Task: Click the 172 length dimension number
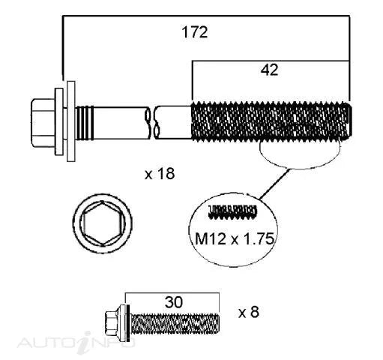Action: tap(195, 32)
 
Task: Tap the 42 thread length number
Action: tap(269, 70)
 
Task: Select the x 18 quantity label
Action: tap(160, 173)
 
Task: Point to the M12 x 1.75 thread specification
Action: tap(235, 238)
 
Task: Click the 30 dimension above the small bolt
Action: tap(174, 302)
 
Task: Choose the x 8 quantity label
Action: tap(249, 312)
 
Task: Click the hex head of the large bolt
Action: tap(43, 123)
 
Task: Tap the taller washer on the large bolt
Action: tap(71, 121)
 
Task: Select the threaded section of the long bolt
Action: tap(271, 121)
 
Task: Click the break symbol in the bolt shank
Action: tap(152, 122)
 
